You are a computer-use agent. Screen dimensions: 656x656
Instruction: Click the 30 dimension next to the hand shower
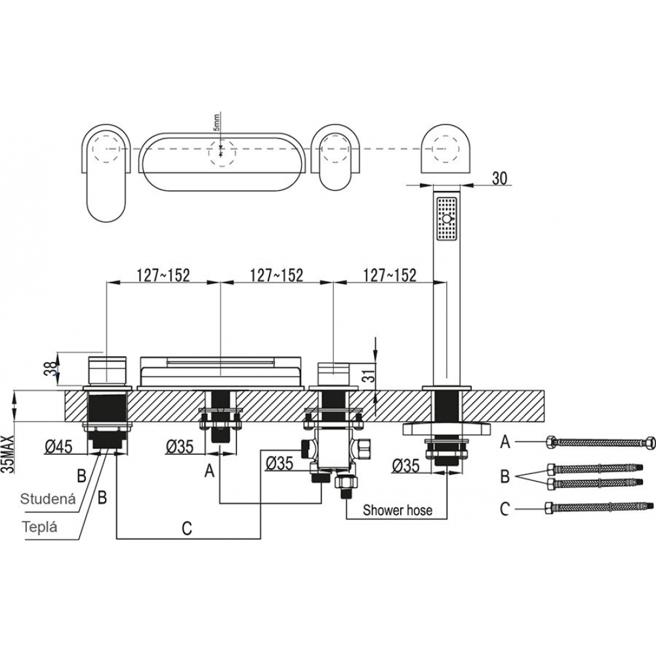tap(499, 178)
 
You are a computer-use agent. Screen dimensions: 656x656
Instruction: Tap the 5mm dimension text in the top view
tap(216, 122)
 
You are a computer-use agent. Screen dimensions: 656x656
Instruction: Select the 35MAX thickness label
tap(9, 454)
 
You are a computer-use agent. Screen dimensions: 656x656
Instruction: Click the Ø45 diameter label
tap(58, 447)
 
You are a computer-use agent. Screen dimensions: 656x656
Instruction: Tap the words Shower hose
tap(397, 510)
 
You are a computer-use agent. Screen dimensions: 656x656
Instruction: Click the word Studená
tap(48, 499)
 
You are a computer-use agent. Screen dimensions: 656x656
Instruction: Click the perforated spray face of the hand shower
tap(447, 219)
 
